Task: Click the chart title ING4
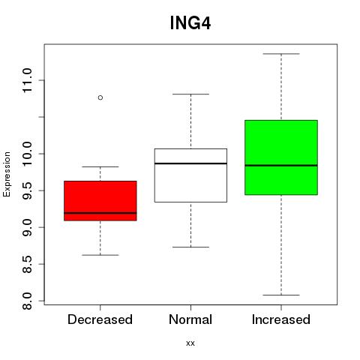[190, 23]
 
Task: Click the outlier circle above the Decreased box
[100, 97]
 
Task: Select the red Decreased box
[100, 201]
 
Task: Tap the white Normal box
[190, 175]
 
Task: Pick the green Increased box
[281, 157]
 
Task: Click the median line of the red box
[100, 213]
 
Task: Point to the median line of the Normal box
[190, 163]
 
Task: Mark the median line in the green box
[281, 165]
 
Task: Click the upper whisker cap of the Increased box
[281, 54]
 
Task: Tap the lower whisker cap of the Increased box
[281, 295]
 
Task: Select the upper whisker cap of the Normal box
[190, 94]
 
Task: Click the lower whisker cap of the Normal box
[190, 247]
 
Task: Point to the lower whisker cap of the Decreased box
[100, 255]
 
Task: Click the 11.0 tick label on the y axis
[27, 80]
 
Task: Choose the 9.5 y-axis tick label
[27, 190]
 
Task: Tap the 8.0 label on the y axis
[27, 301]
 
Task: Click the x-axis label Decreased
[100, 319]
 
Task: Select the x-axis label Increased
[281, 319]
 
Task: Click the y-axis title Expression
[7, 174]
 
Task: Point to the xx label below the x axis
[190, 343]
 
